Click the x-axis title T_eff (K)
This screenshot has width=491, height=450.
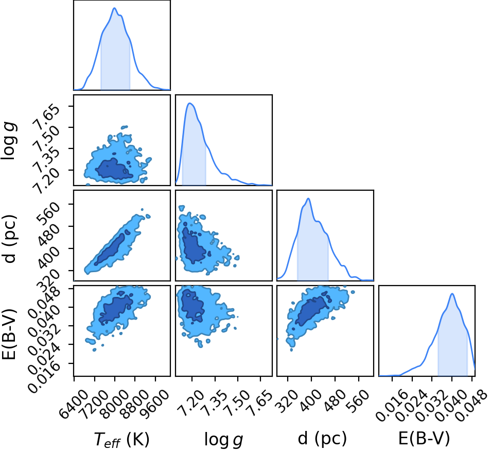(x=121, y=439)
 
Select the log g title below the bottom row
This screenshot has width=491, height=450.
(x=223, y=439)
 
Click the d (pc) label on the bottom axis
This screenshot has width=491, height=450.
(x=322, y=438)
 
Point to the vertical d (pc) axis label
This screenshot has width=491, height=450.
(x=10, y=239)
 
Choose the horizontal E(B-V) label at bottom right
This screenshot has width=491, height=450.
(x=424, y=438)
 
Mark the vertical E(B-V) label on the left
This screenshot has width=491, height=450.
(x=9, y=334)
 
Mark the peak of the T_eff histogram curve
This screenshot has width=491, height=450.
(x=115, y=8)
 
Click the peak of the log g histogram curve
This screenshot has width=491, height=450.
(x=189, y=103)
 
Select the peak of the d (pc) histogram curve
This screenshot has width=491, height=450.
(x=309, y=198)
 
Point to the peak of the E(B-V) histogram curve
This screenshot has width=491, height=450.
(x=452, y=293)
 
